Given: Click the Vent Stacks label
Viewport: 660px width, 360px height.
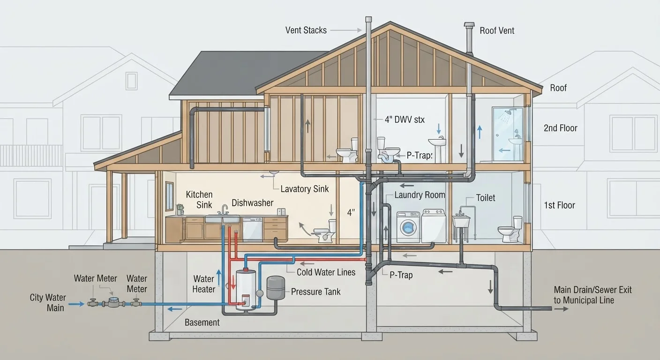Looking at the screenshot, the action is pos(306,30).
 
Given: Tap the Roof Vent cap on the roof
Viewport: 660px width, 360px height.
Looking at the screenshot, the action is pos(469,25).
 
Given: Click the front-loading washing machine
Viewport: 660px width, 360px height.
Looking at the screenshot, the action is pos(408,227).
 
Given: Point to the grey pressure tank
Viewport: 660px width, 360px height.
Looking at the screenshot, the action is pos(276,287).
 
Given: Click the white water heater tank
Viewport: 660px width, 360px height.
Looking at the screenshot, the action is pos(246,290).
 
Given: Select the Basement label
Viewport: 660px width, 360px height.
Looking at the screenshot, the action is pos(202,322).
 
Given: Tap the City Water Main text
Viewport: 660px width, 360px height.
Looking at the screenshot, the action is pos(48,302).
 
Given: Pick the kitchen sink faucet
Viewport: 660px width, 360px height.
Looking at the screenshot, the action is pos(225,210).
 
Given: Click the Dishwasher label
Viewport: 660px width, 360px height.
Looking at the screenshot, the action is pos(253,203).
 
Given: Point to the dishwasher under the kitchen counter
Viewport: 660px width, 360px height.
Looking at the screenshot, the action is pos(252,230).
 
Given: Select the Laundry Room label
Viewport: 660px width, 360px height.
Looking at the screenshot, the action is pos(420,195).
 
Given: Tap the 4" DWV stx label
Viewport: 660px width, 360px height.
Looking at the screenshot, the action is pos(405,120).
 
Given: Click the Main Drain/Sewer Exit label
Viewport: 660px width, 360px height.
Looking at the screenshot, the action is pos(592,295).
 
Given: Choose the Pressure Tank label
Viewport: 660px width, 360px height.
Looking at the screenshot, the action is pos(315,292).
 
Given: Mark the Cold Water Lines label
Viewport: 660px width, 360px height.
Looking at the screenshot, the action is pos(326,272).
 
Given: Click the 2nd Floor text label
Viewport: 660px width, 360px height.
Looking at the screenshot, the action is pos(561,128).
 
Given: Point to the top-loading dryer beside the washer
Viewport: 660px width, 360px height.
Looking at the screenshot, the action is pos(434,226).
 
